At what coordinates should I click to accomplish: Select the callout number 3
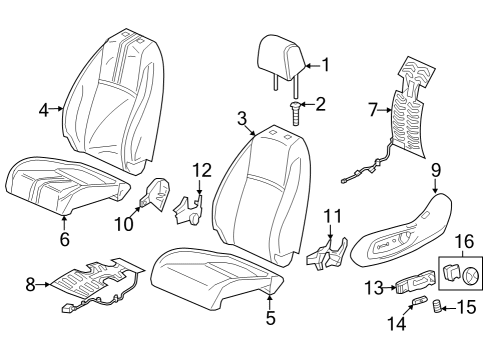click(241, 118)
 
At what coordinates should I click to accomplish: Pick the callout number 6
click(64, 239)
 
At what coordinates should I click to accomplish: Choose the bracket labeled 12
click(188, 207)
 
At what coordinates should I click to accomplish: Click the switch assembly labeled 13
click(412, 286)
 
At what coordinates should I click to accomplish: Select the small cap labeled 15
click(437, 307)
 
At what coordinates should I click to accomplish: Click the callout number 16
click(464, 240)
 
